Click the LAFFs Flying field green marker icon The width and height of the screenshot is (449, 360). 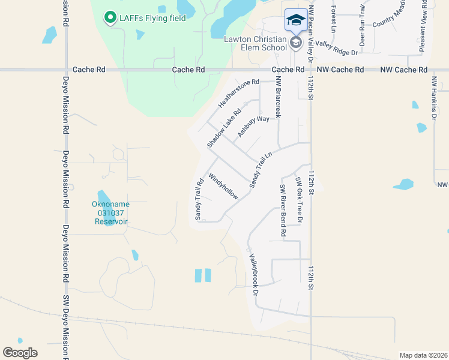(x=110, y=18)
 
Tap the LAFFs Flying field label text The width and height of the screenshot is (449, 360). (x=152, y=17)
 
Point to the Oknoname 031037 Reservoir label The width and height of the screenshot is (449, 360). (x=111, y=212)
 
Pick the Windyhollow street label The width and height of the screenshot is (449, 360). (x=223, y=187)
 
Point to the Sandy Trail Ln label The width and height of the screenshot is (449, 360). (x=258, y=170)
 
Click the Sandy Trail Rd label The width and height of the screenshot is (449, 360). (x=198, y=199)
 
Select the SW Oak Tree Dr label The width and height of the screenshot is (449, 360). (x=298, y=201)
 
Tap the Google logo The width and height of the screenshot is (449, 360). (x=20, y=353)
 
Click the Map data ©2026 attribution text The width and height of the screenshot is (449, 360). (x=423, y=355)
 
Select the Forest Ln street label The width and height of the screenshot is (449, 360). (x=333, y=19)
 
